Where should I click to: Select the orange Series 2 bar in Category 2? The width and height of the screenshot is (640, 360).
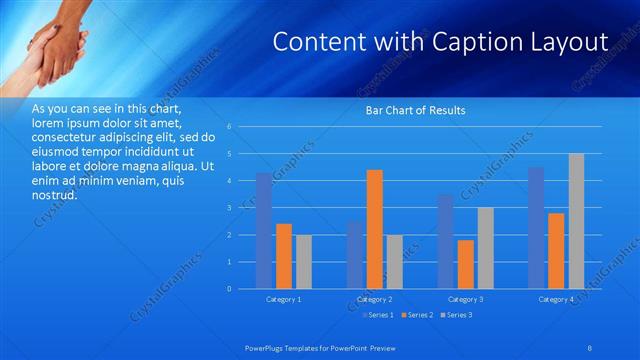(375, 229)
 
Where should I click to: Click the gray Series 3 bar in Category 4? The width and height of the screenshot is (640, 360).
(577, 221)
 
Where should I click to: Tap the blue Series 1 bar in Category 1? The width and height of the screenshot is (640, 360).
(263, 231)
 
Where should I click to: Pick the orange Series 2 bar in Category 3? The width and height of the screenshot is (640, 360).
(465, 264)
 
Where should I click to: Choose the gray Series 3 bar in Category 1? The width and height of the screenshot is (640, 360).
(303, 262)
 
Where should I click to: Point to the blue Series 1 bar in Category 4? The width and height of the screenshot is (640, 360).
(536, 228)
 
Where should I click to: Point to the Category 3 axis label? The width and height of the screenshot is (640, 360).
(465, 299)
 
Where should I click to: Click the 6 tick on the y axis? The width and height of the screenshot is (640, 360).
(230, 127)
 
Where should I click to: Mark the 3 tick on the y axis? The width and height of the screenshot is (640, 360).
(230, 208)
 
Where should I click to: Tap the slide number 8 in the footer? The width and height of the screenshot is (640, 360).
(590, 347)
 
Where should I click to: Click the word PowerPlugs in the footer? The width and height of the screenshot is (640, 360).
(267, 347)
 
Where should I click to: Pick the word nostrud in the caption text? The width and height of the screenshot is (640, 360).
(54, 196)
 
